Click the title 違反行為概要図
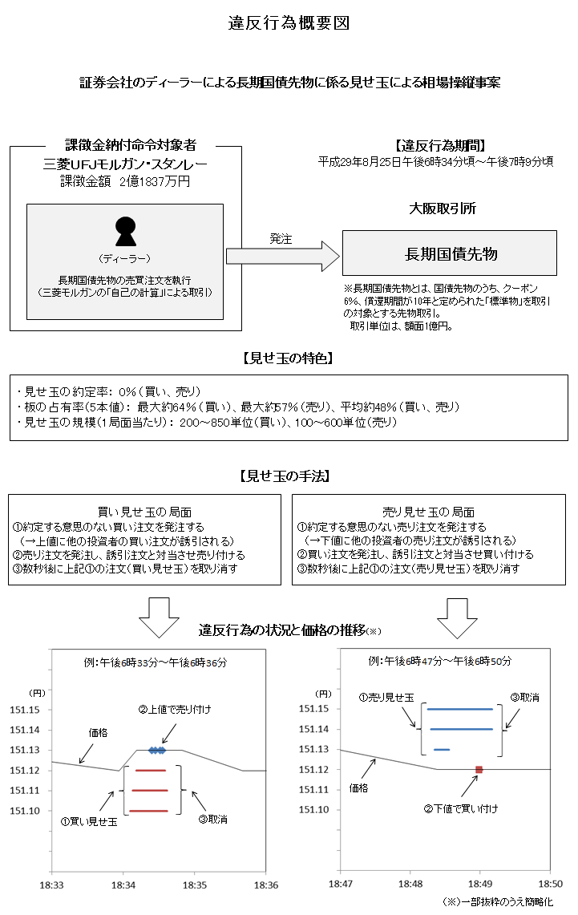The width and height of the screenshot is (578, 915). (x=289, y=23)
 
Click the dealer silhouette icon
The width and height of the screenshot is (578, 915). (x=126, y=232)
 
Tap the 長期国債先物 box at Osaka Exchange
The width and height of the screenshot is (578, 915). (x=449, y=254)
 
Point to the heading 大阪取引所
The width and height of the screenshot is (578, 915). (x=443, y=209)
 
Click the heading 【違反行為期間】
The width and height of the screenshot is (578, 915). (x=440, y=145)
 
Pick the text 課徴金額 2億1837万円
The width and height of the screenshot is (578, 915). (x=125, y=181)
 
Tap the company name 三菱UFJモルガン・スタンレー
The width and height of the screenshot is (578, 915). (x=125, y=164)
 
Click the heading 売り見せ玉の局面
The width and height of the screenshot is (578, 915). (x=430, y=512)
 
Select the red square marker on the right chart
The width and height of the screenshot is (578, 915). (x=479, y=770)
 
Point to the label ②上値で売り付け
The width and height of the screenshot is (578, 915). (x=175, y=710)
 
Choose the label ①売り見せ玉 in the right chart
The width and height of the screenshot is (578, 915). (x=386, y=698)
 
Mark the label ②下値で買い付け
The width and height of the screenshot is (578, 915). (x=460, y=808)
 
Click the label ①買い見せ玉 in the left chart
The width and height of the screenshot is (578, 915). (x=89, y=821)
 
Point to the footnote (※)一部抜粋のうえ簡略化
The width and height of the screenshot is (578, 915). (x=497, y=902)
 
